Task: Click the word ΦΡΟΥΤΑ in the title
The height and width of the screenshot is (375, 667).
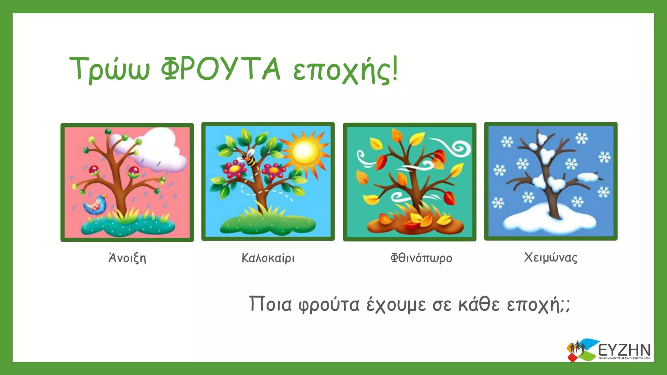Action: pyautogui.click(x=220, y=69)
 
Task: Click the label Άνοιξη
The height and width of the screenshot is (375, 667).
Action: pyautogui.click(x=127, y=258)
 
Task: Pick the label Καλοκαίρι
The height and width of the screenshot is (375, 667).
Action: pyautogui.click(x=268, y=258)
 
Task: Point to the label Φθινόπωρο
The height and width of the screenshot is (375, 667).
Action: pyautogui.click(x=421, y=258)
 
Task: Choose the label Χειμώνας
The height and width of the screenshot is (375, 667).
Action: pyautogui.click(x=550, y=257)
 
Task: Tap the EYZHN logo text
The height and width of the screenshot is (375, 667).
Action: pyautogui.click(x=624, y=350)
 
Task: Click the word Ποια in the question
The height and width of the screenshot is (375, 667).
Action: pyautogui.click(x=270, y=304)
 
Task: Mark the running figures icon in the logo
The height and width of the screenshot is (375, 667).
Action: pyautogui.click(x=577, y=348)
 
